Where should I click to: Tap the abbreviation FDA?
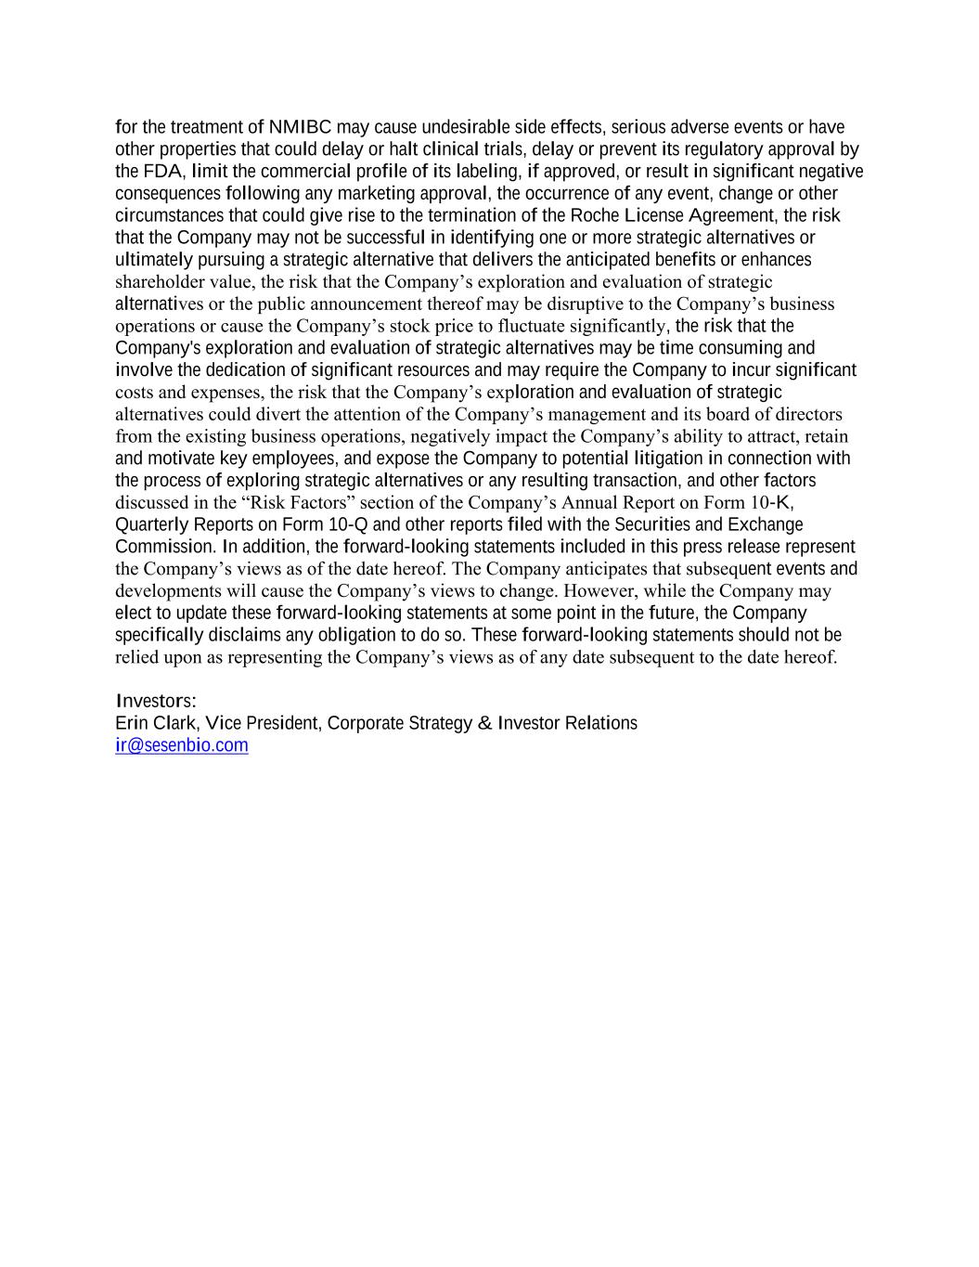[163, 172]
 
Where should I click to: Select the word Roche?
[595, 216]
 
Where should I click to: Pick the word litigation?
[668, 459]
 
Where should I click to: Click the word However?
[600, 591]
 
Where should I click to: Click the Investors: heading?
[155, 702]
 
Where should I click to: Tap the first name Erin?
[132, 724]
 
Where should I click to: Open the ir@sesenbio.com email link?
[182, 746]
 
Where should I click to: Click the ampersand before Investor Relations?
[484, 724]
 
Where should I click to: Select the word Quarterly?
[152, 525]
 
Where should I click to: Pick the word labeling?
[488, 172]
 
